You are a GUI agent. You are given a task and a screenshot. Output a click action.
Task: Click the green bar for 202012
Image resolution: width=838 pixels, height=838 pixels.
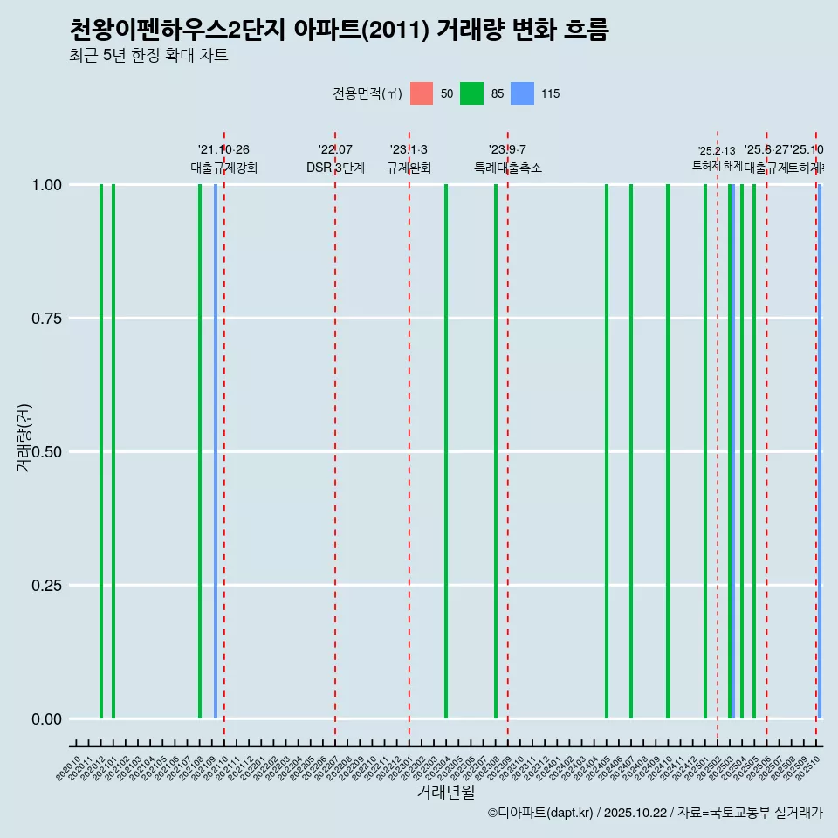[x=101, y=451]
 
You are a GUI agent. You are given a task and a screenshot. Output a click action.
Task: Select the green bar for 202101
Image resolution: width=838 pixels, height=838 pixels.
[x=113, y=451]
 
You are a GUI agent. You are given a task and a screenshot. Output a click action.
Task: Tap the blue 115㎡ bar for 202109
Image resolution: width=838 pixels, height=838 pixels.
[x=216, y=451]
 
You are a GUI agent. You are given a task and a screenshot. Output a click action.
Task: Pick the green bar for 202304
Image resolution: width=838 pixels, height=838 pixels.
[x=446, y=451]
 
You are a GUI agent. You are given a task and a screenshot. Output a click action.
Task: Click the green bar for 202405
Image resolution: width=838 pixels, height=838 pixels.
[x=607, y=451]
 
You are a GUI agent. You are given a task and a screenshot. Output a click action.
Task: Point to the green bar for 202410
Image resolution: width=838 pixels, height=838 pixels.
[x=669, y=451]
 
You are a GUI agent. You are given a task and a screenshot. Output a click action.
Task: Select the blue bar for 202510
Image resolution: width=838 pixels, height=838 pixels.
[x=820, y=451]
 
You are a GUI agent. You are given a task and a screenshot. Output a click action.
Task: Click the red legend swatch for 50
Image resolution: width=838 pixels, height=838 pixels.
[x=422, y=93]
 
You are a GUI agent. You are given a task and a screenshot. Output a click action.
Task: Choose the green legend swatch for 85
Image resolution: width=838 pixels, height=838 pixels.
[x=472, y=93]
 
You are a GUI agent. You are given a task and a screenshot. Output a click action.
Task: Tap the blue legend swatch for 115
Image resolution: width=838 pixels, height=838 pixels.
[x=522, y=93]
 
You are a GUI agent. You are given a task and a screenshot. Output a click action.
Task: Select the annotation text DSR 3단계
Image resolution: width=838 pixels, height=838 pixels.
[x=335, y=168]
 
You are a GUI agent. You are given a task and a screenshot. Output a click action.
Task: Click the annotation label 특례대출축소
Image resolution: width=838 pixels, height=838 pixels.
[x=508, y=168]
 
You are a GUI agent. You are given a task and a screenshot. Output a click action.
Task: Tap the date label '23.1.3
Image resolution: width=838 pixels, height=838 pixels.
[x=409, y=150]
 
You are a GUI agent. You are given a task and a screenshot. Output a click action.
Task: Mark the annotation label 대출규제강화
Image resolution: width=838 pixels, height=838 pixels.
[x=224, y=168]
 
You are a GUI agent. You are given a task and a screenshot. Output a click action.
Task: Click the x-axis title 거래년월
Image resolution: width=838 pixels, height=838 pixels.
[x=445, y=792]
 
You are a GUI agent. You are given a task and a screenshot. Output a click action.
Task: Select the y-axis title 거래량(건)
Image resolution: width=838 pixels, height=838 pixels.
[x=24, y=438]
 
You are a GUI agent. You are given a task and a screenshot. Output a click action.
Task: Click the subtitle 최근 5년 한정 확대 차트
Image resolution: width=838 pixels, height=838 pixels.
[x=148, y=56]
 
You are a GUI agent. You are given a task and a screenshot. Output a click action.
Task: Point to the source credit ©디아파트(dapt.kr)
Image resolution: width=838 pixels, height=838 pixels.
[x=541, y=813]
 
